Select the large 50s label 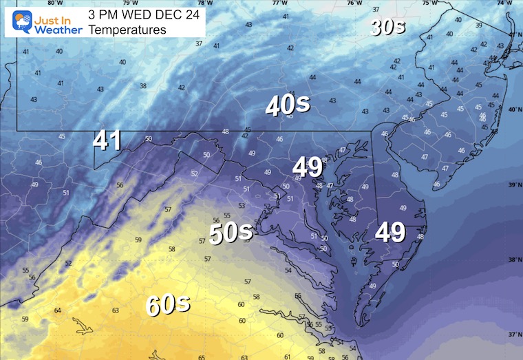231,233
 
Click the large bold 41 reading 107,140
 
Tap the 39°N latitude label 513,185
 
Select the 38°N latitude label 513,260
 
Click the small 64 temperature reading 57,311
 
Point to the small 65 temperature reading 202,357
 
